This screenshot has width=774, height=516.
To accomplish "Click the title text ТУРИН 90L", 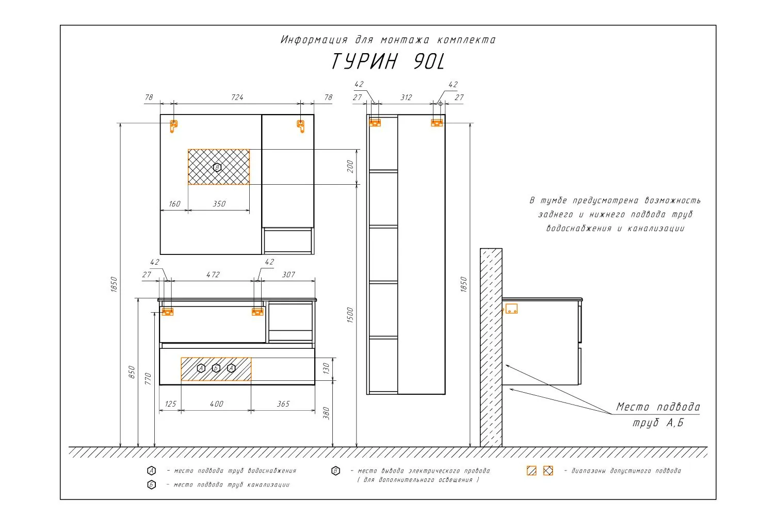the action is pos(388,61).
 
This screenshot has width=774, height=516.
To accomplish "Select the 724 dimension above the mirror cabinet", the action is pos(237,98).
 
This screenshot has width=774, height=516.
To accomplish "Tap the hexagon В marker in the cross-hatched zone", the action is pos(217,168).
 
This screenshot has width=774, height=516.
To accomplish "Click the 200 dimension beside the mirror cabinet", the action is pos(350,167).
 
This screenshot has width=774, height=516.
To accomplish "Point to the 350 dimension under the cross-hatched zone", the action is pos(219,204).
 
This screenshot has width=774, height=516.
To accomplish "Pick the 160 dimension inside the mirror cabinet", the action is pos(174,204).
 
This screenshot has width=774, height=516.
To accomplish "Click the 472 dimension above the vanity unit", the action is pos(213,275).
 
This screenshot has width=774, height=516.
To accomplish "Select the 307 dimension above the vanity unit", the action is pos(288,275).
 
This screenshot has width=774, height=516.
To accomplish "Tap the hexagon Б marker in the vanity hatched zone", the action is pos(216,368).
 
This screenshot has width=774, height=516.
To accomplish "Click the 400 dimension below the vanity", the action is pos(217,404).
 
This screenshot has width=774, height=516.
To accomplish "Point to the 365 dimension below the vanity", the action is pos(283,404).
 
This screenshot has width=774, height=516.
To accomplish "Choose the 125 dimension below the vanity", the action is pos(170,404).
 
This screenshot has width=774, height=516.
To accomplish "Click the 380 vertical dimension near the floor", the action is pos(326,413).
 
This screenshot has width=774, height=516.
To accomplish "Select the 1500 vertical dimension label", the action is pos(350,315).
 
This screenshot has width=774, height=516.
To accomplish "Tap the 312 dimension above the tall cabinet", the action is pos(406,98).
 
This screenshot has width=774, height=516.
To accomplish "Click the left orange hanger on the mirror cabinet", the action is pos(173,126).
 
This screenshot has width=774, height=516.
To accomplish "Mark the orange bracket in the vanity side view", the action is pos(511,309).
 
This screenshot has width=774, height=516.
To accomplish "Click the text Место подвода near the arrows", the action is pos(658,407).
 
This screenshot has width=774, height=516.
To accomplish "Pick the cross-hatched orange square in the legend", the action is pos(548,471).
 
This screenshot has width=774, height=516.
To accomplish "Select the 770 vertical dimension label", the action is pos(148,379).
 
